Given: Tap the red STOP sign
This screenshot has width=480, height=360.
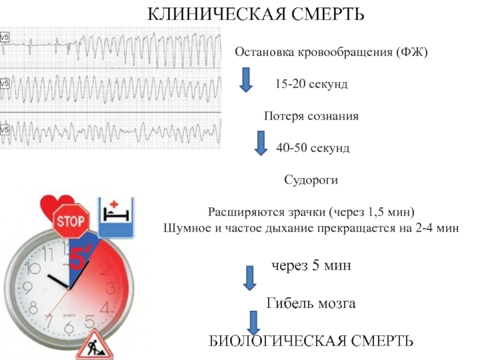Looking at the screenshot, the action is tap(71, 221).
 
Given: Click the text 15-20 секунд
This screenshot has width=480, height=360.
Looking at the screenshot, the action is tap(311, 84).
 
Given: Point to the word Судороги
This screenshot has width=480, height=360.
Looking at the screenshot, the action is tap(311, 179).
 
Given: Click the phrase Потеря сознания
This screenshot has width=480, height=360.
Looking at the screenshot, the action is tap(311, 116).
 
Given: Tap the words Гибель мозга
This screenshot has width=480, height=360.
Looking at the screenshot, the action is tap(311, 304).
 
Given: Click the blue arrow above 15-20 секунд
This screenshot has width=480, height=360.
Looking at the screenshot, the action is tap(245, 79).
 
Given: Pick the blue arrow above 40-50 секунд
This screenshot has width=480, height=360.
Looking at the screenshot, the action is tap(260, 143).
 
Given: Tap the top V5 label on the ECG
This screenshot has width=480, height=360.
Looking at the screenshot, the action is tap(4, 37).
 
